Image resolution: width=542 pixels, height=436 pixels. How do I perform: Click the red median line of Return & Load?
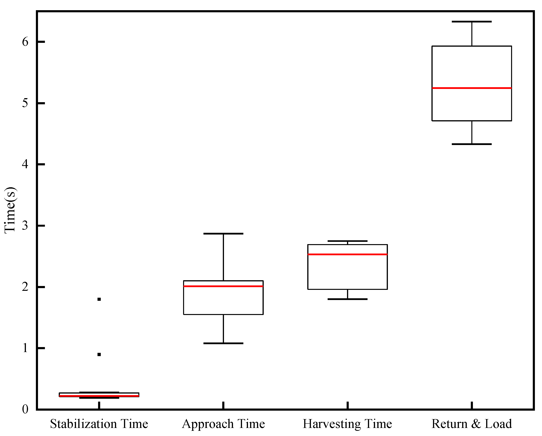coord(472,88)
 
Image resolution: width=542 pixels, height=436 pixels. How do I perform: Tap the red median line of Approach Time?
coord(223,286)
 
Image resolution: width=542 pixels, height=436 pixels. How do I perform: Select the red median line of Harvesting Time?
coord(347,254)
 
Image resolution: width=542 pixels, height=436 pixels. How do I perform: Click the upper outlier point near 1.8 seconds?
coord(99,299)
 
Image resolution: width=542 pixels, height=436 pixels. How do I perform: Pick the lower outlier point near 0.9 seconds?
coord(99,355)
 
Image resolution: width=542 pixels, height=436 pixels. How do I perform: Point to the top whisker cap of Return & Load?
coord(472,22)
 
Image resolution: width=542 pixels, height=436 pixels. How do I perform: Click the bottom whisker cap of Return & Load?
coord(472,144)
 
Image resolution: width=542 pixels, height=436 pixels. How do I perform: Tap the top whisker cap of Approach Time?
coord(223,234)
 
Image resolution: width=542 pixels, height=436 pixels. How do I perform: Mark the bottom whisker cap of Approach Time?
coord(223,343)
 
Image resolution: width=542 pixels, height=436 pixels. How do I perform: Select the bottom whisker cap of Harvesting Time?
coord(347,299)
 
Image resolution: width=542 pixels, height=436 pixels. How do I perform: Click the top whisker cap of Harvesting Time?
coord(347,241)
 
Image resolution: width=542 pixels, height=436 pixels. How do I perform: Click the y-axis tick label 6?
coord(25,42)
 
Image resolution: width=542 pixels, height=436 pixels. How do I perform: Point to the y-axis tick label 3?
coord(25,226)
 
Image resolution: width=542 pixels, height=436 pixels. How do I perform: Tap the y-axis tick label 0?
coord(25,409)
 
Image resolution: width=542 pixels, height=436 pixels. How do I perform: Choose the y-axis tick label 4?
coord(25,164)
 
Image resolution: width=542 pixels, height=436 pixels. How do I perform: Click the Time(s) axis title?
coord(11,210)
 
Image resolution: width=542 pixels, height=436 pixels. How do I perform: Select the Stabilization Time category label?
coord(99,424)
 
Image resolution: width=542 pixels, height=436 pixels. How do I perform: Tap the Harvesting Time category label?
coord(347,424)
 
